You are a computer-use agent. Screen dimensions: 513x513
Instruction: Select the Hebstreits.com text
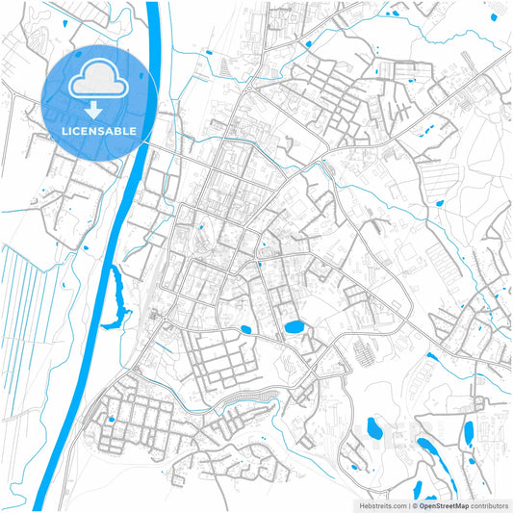(382, 504)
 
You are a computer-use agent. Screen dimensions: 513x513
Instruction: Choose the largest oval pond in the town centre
(294, 327)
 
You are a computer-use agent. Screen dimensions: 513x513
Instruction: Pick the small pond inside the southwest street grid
(110, 420)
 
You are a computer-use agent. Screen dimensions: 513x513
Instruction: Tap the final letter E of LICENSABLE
(133, 130)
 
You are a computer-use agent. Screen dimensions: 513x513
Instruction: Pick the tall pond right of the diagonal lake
(469, 434)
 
